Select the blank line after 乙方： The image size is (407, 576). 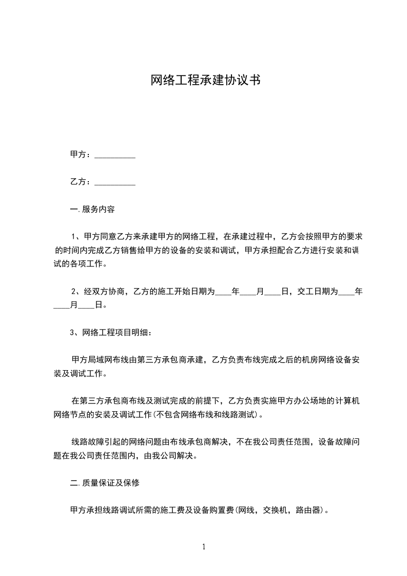coord(115,182)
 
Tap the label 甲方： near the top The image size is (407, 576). coord(81,155)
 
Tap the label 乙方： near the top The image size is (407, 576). coord(81,182)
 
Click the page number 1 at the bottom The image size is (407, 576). coord(204,547)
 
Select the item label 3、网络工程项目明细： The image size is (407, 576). coord(110,332)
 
